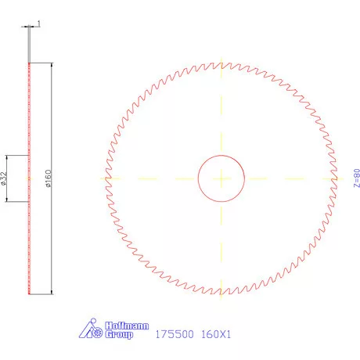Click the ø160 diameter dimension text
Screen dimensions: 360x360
click(x=48, y=179)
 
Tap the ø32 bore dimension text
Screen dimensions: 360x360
click(x=5, y=179)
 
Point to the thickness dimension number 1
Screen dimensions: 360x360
click(x=38, y=24)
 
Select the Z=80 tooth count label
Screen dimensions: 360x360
click(x=356, y=177)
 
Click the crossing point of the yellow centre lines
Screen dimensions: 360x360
click(x=222, y=178)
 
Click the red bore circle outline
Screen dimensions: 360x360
click(x=197, y=178)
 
